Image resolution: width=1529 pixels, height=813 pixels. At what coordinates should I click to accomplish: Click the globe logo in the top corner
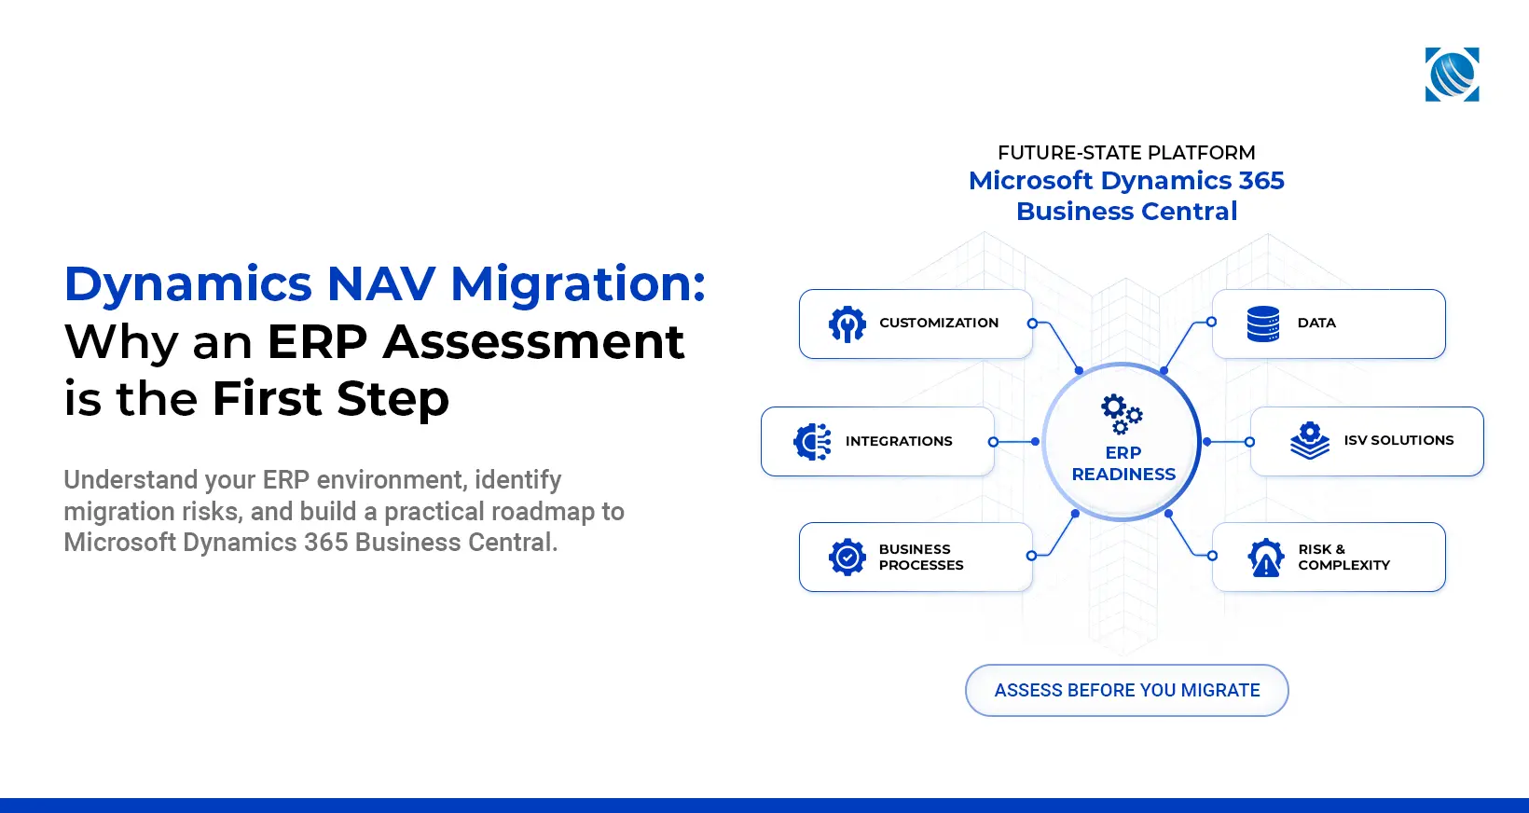coord(1452,75)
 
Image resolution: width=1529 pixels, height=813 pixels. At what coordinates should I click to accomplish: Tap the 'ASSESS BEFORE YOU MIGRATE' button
coord(1126,690)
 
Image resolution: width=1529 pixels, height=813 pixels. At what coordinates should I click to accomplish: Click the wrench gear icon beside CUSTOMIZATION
coord(847,324)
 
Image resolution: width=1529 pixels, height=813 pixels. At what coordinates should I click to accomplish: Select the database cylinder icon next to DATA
coord(1262,324)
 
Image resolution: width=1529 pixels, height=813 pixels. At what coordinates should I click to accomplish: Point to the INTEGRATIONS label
coord(899,441)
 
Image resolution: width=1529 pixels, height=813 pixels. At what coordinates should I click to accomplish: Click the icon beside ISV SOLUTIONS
coord(1310,440)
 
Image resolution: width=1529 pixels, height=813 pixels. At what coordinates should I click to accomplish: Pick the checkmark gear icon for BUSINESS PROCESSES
coord(847,557)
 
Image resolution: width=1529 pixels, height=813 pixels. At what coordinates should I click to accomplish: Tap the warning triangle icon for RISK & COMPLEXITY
coord(1265,558)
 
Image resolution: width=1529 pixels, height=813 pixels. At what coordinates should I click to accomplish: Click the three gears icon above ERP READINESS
coord(1121,414)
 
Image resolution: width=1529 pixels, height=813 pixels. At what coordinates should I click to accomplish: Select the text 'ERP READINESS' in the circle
coord(1123,463)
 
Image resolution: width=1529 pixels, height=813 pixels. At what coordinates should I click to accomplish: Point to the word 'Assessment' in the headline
coord(533,341)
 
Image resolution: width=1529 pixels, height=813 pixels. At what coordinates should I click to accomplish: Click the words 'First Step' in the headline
coord(330,399)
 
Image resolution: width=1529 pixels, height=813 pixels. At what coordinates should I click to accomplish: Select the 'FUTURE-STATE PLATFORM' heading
coord(1126,152)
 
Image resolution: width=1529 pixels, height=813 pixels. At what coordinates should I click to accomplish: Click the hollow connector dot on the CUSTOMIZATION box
coord(1032,323)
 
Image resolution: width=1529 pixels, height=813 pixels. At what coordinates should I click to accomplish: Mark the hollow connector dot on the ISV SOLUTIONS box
coord(1249,442)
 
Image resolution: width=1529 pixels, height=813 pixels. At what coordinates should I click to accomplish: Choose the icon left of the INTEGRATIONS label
coord(812,442)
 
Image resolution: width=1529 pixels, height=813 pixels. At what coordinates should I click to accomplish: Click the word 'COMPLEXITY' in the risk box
coord(1343,565)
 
